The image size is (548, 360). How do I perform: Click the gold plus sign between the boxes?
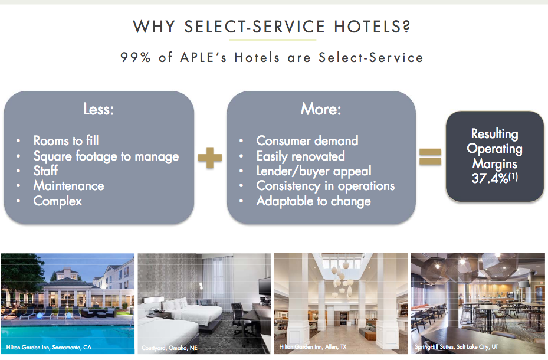pos(210,158)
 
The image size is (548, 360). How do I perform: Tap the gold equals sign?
pos(430,156)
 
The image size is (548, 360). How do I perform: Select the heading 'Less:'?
pos(98,110)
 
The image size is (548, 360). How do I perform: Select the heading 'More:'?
pos(321,110)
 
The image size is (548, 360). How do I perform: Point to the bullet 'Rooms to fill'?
pos(66,140)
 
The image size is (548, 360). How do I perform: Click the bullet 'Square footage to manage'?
pos(106,156)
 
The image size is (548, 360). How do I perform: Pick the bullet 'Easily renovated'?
pos(300,156)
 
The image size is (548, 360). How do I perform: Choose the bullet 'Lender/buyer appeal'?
pos(314,171)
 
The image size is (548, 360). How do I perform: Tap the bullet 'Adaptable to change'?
pos(313,201)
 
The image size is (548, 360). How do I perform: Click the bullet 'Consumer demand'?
pos(307,140)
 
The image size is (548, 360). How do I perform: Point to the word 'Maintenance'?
pos(68,186)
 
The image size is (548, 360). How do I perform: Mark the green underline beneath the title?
pos(273,40)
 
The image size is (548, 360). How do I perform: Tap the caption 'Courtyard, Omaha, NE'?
pos(169,348)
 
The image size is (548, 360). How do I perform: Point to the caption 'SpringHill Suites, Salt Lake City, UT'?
pos(457,347)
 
